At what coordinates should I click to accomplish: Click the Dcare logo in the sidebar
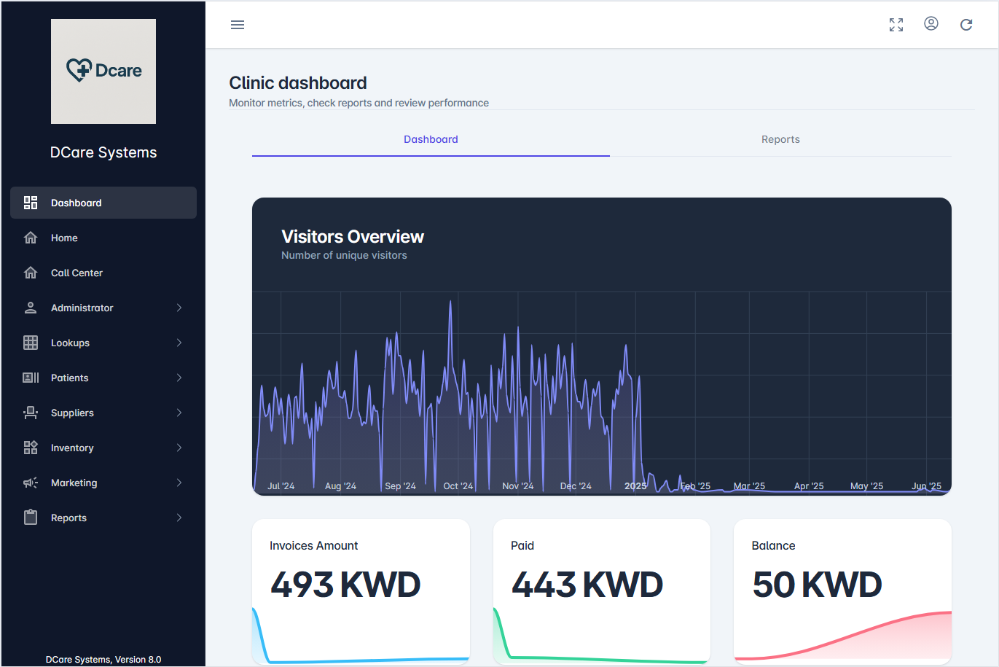point(103,71)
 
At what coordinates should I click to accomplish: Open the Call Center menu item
point(77,273)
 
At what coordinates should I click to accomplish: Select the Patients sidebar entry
point(69,378)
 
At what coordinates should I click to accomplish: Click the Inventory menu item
point(72,448)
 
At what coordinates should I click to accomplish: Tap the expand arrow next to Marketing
point(179,483)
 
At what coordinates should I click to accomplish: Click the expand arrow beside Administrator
point(179,308)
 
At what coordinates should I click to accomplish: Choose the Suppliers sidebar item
point(72,413)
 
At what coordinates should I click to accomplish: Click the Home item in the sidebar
point(64,238)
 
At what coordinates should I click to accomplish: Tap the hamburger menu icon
point(238,25)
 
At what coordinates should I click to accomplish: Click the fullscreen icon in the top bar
point(896,25)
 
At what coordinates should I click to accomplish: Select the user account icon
point(931,24)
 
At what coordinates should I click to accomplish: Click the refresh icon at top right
point(966,25)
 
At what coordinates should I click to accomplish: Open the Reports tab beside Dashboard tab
point(780,139)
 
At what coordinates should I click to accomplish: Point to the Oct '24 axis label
point(458,486)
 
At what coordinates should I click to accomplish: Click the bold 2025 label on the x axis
point(635,486)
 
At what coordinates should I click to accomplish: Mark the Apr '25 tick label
point(809,486)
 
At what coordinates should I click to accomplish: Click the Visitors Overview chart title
point(353,237)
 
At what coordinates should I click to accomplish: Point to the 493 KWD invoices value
point(345,585)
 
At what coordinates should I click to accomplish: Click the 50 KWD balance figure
point(817,585)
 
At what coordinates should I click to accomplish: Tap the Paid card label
point(522,545)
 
